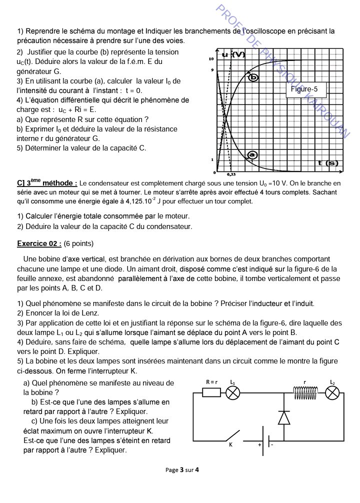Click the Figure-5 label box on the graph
tap(307, 89)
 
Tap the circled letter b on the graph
tap(253, 76)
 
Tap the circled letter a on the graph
tap(252, 155)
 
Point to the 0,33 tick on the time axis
tap(231, 174)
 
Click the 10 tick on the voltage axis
tap(211, 59)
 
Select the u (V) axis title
tap(233, 54)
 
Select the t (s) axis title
tap(327, 163)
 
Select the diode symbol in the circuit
tap(284, 417)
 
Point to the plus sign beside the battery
tap(260, 444)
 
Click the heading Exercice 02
tap(39, 243)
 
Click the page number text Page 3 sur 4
tap(182, 469)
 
